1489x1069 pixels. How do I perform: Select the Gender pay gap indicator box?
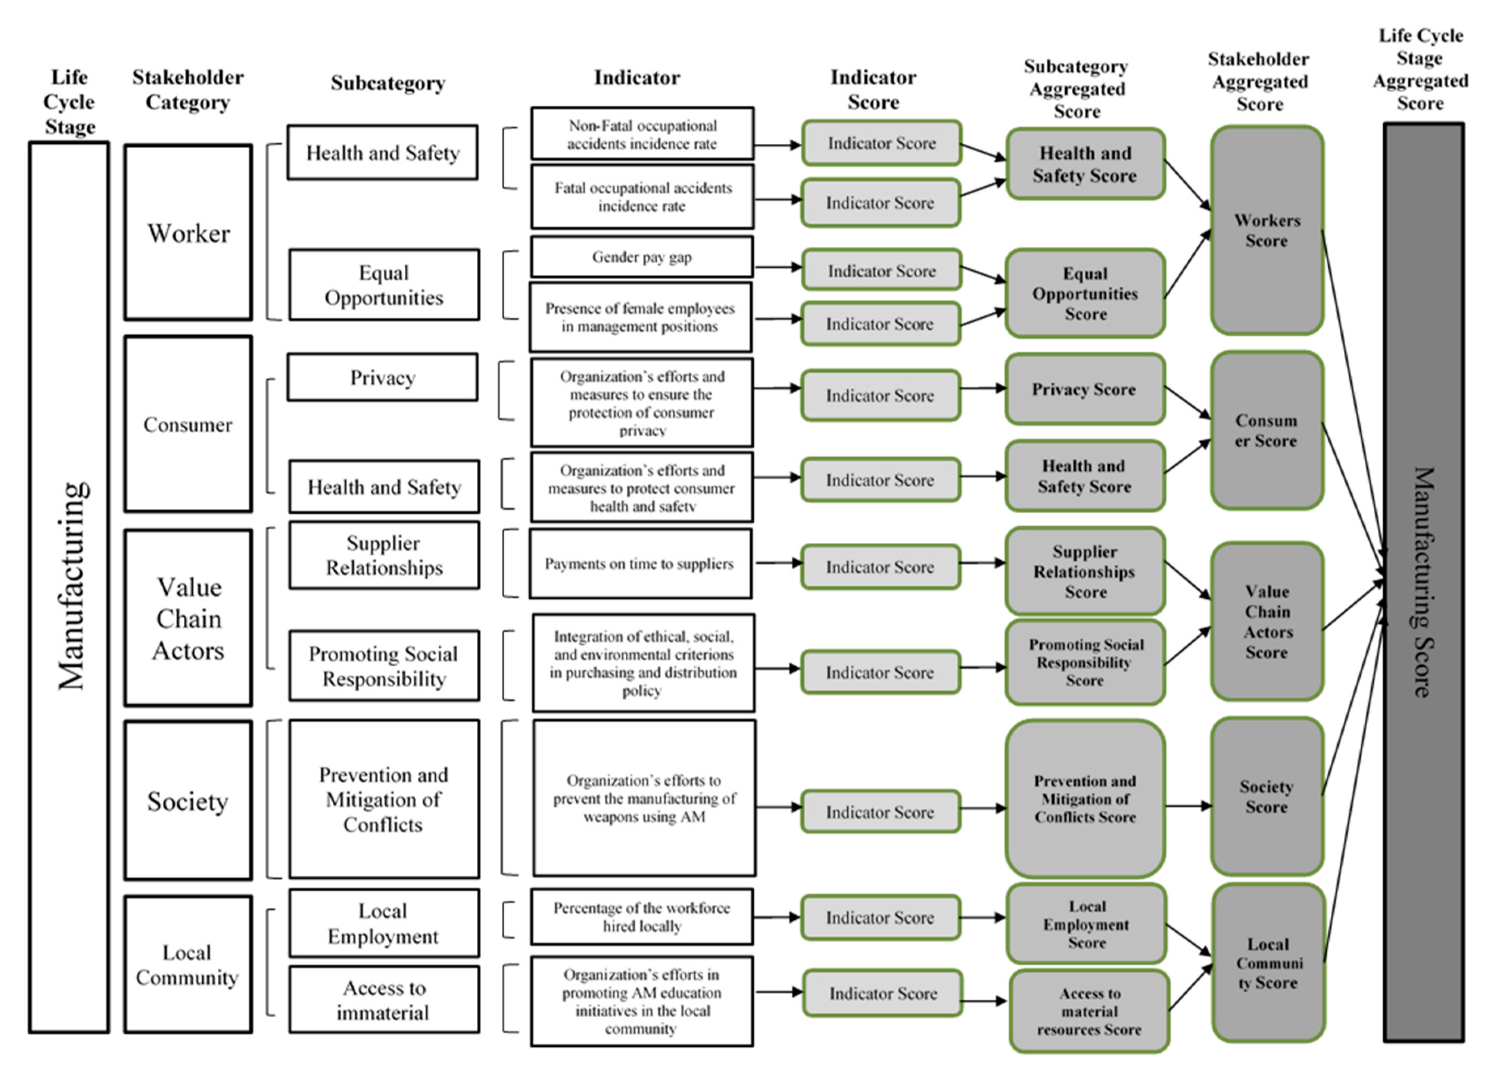(641, 257)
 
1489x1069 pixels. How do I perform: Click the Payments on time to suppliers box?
(640, 563)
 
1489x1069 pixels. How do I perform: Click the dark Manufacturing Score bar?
(1423, 582)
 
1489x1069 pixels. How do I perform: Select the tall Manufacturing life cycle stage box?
(69, 587)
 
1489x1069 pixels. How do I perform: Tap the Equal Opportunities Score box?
(1085, 293)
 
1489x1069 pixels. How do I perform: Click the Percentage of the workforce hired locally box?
(641, 917)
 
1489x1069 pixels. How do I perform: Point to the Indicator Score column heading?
(873, 89)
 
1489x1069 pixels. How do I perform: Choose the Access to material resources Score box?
(1088, 1011)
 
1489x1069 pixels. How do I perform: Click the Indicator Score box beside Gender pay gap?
(881, 270)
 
